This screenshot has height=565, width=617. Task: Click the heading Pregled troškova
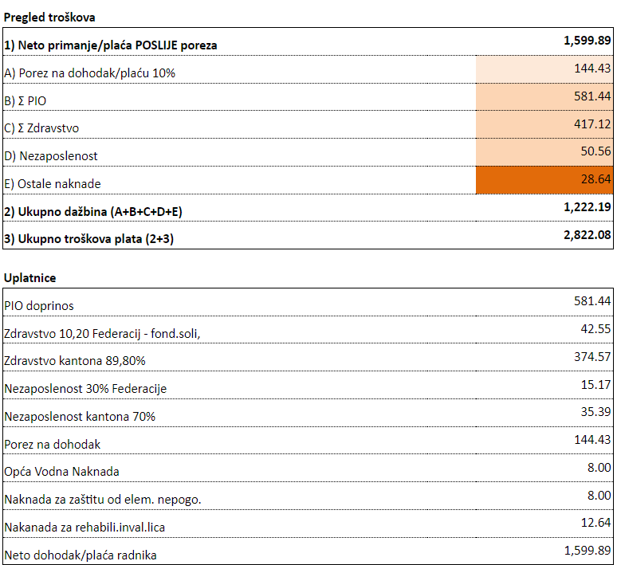click(x=49, y=18)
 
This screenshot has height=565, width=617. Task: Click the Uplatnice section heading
click(x=30, y=278)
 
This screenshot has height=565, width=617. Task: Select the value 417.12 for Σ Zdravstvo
click(x=592, y=124)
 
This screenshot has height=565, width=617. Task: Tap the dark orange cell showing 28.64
click(x=544, y=180)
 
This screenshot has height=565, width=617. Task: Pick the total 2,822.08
click(x=587, y=235)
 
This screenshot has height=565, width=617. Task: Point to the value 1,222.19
click(x=587, y=207)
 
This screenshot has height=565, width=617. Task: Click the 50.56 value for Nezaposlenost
click(x=595, y=151)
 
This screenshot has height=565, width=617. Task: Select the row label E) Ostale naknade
click(x=53, y=184)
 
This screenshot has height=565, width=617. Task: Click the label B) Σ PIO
click(x=26, y=101)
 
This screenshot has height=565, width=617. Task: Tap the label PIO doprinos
click(x=39, y=306)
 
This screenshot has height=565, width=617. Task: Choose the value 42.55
click(x=595, y=329)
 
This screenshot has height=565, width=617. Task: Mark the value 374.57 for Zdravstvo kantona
click(x=592, y=357)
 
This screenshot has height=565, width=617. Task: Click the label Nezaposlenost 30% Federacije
click(x=85, y=389)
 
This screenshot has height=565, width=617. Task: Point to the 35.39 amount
click(x=595, y=412)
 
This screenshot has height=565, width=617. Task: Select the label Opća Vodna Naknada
click(x=61, y=472)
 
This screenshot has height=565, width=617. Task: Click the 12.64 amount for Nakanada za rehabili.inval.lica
click(x=595, y=523)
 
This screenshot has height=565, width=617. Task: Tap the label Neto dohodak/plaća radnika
click(x=81, y=555)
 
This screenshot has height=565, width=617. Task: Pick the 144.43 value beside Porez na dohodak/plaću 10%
click(x=592, y=69)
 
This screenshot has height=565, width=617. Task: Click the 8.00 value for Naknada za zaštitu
click(x=599, y=496)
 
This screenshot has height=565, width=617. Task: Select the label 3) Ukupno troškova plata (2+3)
click(x=89, y=239)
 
